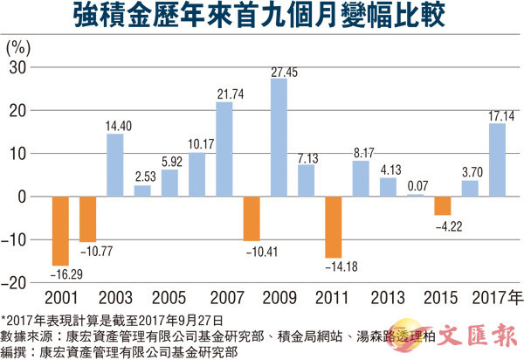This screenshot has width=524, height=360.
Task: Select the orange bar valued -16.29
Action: coord(60,230)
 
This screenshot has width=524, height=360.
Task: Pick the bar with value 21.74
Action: coord(224,149)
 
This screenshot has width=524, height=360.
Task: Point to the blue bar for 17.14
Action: coord(498,160)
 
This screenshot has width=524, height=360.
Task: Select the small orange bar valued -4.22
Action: coord(443,205)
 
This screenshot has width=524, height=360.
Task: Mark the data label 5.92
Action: coord(169,161)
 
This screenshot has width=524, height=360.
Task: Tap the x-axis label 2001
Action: coord(60,298)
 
